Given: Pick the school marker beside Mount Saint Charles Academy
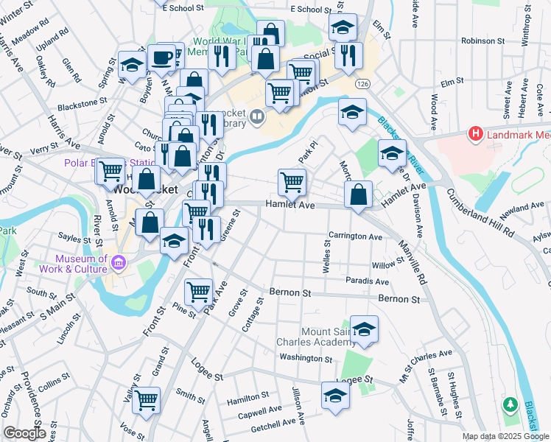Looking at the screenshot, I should (x=364, y=329).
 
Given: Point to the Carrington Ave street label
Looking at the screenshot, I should (x=355, y=237).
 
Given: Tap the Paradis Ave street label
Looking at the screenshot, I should (x=367, y=281).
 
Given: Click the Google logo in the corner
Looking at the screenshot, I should (x=24, y=433).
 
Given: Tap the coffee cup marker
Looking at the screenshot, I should (x=161, y=57).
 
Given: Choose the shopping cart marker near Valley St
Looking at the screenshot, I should (x=146, y=401).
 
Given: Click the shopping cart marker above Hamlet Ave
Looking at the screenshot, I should (x=292, y=181).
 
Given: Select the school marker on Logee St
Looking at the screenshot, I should (x=336, y=395).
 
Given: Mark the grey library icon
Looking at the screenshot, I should (x=256, y=115).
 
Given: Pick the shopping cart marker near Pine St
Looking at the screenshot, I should (x=198, y=292).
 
